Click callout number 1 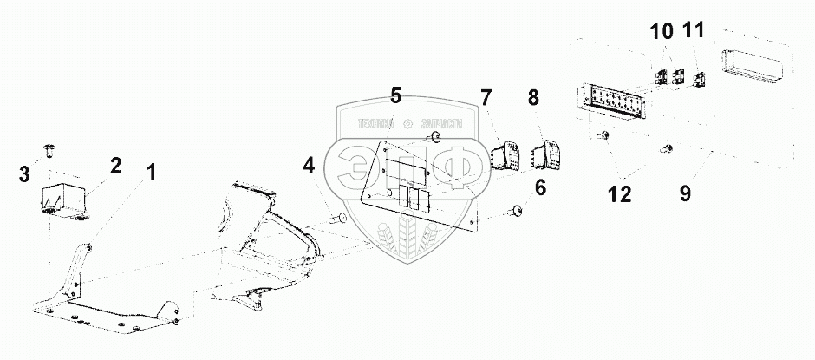tap(152, 173)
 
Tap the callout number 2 tap(114, 166)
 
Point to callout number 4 tap(310, 164)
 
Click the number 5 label tap(395, 95)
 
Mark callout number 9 tap(684, 193)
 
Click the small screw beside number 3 tap(51, 151)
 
